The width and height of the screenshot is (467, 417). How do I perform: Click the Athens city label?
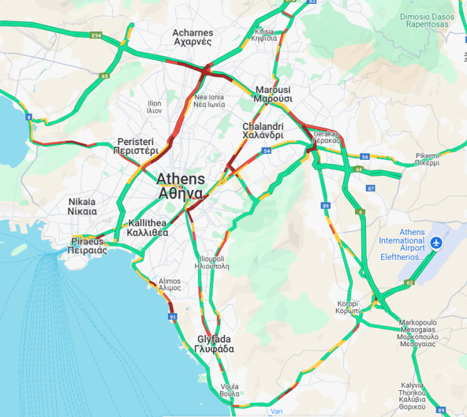[x=181, y=186]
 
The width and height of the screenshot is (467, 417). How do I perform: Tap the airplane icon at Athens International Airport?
[x=436, y=243]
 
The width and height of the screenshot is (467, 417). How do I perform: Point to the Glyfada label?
[x=214, y=344]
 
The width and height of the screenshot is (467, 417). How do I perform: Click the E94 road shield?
[x=96, y=36]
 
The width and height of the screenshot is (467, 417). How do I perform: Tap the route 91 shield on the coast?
[x=172, y=316]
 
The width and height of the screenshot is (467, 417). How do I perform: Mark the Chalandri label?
[x=263, y=131]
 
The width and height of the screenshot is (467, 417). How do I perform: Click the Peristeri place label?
[x=135, y=146]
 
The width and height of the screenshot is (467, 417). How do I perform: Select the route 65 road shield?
[x=104, y=76]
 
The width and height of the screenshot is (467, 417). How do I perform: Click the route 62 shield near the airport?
[x=409, y=283]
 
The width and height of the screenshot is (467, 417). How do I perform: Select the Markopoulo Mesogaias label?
[x=417, y=332]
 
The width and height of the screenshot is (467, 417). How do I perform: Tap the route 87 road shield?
[x=371, y=188]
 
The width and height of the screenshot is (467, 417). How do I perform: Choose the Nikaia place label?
[x=82, y=206]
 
